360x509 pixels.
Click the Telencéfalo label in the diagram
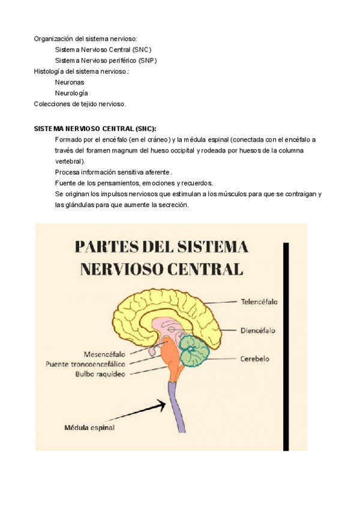pyautogui.click(x=259, y=302)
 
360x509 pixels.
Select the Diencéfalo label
pyautogui.click(x=258, y=330)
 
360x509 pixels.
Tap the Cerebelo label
pyautogui.click(x=255, y=359)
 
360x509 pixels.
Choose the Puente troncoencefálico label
pyautogui.click(x=86, y=364)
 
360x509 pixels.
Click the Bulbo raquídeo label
pyautogui.click(x=100, y=373)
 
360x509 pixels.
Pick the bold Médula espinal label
pyautogui.click(x=89, y=428)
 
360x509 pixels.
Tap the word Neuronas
pyautogui.click(x=70, y=82)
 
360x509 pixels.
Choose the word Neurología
pyautogui.click(x=71, y=93)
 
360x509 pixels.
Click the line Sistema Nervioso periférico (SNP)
pyautogui.click(x=106, y=61)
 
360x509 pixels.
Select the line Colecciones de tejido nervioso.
pyautogui.click(x=80, y=104)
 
